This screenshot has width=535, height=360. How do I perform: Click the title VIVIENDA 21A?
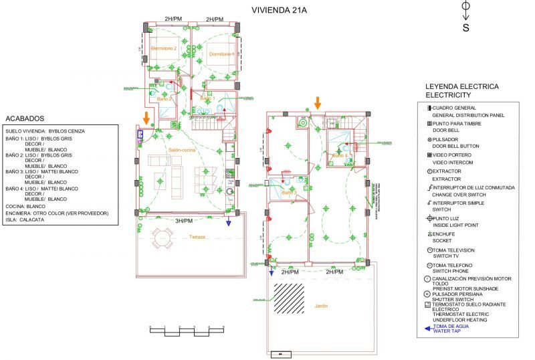(x=278, y=10)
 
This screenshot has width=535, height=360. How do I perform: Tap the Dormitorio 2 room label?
(x=164, y=49)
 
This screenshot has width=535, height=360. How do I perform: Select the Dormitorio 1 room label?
(x=221, y=54)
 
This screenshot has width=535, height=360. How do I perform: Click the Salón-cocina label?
(x=182, y=151)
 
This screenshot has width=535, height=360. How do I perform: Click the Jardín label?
(x=322, y=306)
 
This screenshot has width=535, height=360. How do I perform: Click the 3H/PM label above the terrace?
(x=183, y=221)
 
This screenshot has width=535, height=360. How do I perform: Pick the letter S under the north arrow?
(x=465, y=27)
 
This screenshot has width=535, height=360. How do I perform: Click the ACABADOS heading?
(x=24, y=118)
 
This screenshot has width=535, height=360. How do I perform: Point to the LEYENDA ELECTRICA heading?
(x=462, y=87)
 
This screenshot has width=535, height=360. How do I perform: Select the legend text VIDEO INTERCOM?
(x=453, y=163)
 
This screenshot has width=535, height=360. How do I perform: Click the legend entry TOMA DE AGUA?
(x=453, y=326)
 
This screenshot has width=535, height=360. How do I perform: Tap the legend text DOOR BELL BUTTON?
(x=455, y=147)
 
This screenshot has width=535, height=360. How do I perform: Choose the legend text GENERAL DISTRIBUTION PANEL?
(x=468, y=115)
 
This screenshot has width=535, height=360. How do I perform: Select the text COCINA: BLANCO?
(x=26, y=206)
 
